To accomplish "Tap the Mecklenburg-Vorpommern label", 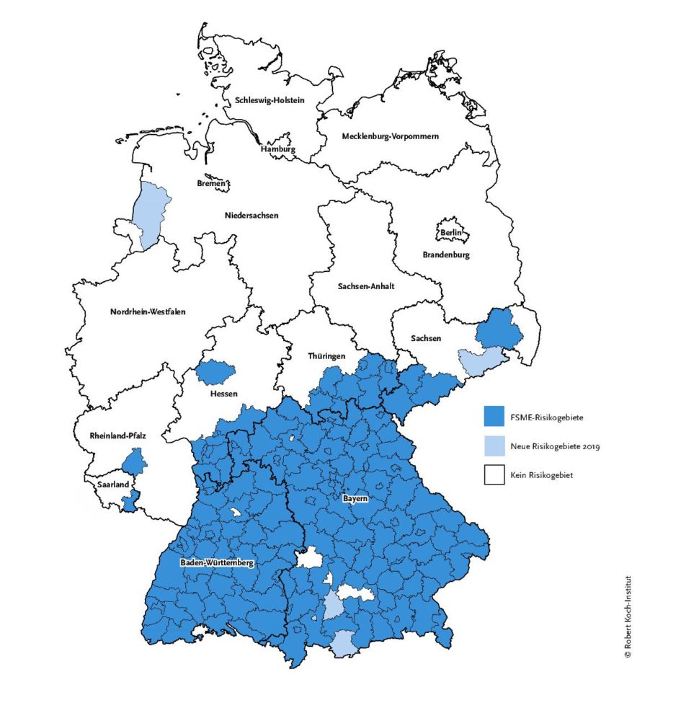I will (390, 136).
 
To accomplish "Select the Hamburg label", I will (278, 149).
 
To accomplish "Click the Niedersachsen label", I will (251, 214).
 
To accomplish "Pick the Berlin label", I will (451, 232).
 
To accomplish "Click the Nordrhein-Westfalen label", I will (148, 311).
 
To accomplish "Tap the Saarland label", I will (113, 485).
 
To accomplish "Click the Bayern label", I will (356, 498).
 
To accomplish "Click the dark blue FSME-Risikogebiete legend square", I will (493, 417).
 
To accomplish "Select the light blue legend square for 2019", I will (493, 446).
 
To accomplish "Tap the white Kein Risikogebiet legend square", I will (493, 475).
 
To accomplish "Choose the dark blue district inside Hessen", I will (215, 371).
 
